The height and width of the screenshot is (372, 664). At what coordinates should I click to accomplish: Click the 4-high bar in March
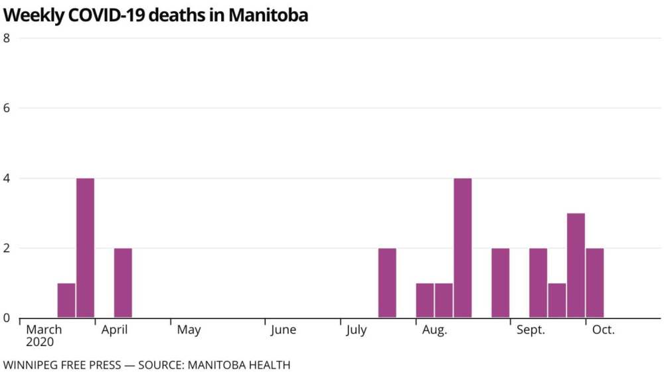click(85, 248)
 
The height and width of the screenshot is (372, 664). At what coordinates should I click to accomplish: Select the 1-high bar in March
click(66, 300)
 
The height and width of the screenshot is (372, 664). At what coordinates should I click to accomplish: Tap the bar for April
click(123, 283)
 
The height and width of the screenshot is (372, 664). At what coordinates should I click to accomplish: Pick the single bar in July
click(387, 283)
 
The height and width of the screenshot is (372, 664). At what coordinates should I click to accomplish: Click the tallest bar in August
click(463, 248)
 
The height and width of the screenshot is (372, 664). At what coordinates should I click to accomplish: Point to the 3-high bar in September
click(576, 265)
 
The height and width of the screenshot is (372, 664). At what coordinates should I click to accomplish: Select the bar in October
click(595, 283)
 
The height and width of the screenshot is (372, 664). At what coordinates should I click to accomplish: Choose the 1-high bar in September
click(557, 300)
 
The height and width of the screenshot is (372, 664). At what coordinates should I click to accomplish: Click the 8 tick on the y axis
click(7, 38)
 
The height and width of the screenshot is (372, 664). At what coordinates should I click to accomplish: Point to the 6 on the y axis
click(7, 108)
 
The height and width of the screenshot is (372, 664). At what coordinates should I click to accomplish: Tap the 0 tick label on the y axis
click(7, 318)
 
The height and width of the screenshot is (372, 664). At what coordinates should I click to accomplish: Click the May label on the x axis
click(189, 330)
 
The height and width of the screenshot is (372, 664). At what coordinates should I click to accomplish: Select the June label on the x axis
click(283, 330)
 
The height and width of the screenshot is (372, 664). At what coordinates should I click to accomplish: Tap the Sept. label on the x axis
click(531, 330)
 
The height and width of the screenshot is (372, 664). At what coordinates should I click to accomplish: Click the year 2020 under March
click(40, 343)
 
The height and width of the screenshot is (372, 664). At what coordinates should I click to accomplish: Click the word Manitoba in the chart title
click(268, 15)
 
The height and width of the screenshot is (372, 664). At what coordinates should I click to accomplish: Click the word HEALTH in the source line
click(270, 365)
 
